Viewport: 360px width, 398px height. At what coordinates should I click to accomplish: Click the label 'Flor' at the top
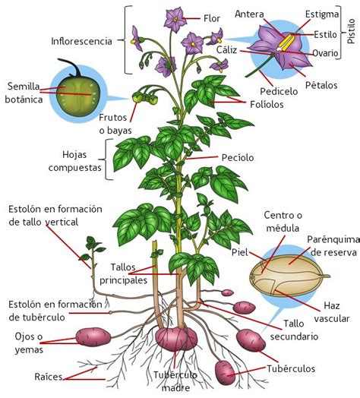tap(212, 17)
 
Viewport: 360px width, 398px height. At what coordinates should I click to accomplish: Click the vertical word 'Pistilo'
tap(350, 30)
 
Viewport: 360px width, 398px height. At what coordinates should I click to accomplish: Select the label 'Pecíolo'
tap(237, 157)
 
